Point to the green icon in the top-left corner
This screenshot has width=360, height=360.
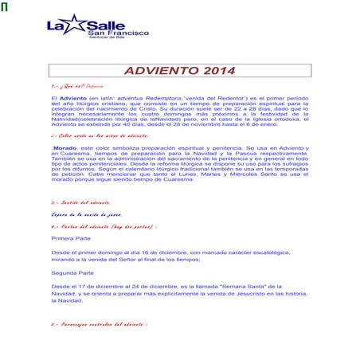[4, 8]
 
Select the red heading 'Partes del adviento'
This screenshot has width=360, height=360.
[103, 226]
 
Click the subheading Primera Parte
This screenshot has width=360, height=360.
[72, 238]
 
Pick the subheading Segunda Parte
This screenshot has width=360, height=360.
[72, 272]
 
